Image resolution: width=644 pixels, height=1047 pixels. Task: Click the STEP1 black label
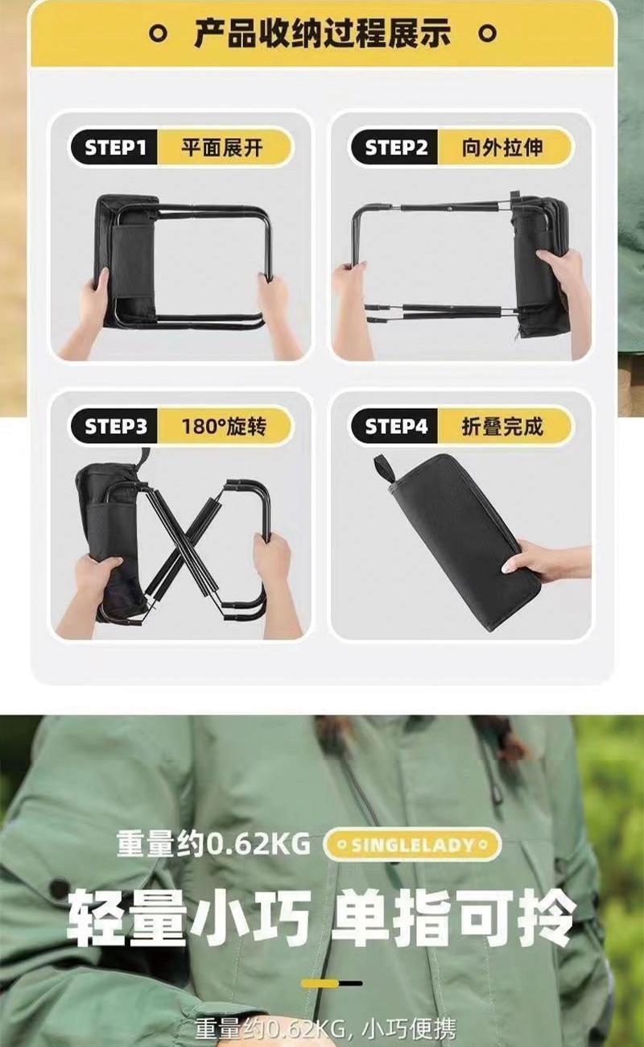tap(114, 147)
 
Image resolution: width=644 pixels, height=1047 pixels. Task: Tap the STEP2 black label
tap(395, 147)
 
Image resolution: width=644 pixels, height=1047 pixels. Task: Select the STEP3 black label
tap(114, 426)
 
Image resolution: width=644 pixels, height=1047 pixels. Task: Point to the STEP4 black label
tap(395, 426)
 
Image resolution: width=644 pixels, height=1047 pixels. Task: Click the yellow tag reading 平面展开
tap(225, 147)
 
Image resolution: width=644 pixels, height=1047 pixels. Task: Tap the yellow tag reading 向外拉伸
tap(504, 147)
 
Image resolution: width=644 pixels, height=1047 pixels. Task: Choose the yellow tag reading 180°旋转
tap(225, 426)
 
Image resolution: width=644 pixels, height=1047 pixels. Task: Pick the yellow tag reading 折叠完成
tap(504, 426)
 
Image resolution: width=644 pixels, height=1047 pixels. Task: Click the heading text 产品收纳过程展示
tap(323, 34)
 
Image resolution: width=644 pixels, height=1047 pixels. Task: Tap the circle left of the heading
tap(158, 34)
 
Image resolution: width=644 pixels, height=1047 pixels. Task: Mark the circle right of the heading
tap(488, 34)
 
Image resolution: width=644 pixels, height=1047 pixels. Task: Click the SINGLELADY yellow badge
tap(413, 845)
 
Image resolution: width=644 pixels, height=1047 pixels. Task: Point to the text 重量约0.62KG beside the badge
tap(213, 845)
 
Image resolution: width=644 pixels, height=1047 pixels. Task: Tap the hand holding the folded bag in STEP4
tap(546, 561)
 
